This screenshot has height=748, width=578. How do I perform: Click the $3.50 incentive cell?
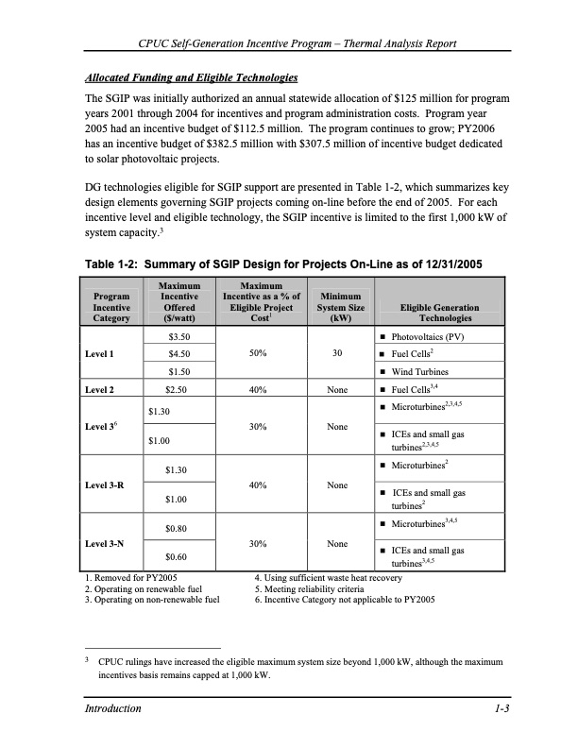coord(179,337)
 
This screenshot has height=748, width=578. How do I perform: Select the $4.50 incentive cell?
coord(179,355)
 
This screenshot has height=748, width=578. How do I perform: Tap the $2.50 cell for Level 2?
coord(179,389)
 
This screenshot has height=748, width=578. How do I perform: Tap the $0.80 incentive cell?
coord(179,529)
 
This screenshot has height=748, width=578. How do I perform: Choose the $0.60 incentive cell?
coord(179,558)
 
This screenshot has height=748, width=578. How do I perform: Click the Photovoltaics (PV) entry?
coord(431,337)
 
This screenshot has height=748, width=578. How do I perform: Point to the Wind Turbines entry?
coord(427,372)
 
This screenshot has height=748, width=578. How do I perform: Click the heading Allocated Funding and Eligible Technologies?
coord(192,76)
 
